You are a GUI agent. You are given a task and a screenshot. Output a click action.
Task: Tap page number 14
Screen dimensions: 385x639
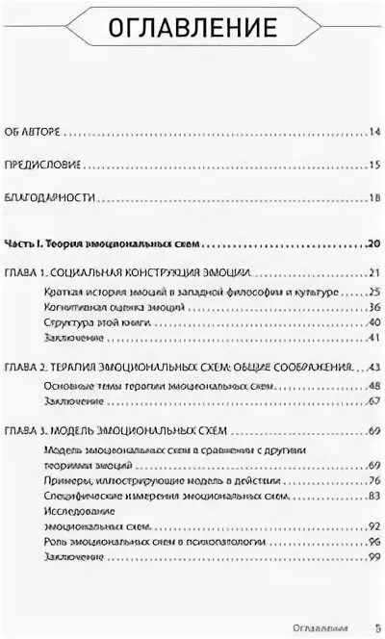pos(375,131)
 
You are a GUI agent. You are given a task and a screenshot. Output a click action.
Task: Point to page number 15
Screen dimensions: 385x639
pos(375,166)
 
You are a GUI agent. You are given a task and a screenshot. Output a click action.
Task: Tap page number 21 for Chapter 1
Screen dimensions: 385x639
pos(375,273)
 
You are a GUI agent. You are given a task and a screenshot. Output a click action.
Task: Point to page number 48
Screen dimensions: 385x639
pos(375,385)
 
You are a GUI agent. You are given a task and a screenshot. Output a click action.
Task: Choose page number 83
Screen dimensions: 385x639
pos(375,496)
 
